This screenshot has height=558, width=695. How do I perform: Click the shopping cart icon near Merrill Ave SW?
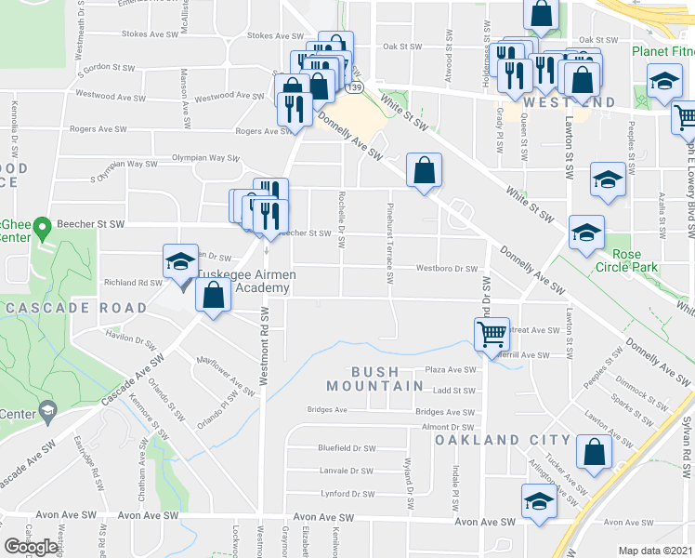tap(491, 333)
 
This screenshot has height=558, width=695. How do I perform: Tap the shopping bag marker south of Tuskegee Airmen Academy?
tap(214, 298)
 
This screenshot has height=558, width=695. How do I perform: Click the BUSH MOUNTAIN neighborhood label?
tap(361, 378)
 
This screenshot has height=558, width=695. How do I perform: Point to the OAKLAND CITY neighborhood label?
tap(503, 439)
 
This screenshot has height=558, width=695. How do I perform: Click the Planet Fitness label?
tap(662, 52)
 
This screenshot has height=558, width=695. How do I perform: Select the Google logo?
tap(32, 547)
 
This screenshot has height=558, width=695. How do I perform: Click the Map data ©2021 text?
tap(656, 551)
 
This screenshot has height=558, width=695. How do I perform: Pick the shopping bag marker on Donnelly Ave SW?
tap(424, 170)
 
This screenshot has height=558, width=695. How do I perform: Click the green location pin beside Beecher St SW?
tap(41, 227)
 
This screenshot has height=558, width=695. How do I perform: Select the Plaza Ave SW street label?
tap(451, 369)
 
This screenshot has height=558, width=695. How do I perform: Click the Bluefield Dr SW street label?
tap(346, 448)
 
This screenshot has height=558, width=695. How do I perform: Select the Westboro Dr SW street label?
tap(446, 268)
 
